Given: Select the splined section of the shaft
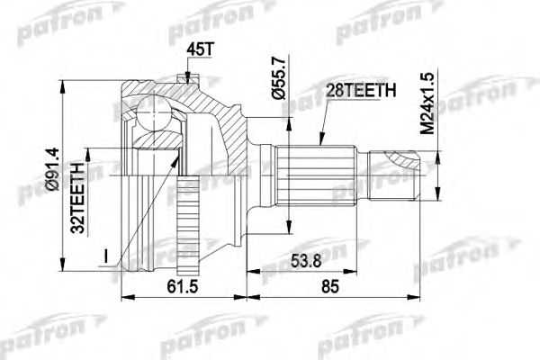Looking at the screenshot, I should (307, 175).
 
